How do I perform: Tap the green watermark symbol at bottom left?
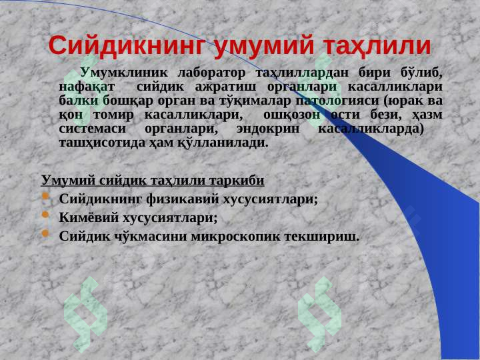click(x=84, y=308)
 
